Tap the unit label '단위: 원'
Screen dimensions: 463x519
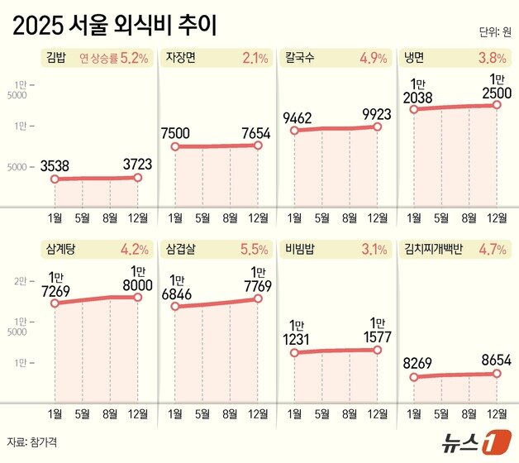coord(494,33)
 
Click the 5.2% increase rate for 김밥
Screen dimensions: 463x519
coord(134,59)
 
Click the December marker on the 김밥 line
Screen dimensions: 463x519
coord(138,177)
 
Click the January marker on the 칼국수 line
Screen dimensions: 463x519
coord(294,131)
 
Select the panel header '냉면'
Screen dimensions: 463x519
coord(415,59)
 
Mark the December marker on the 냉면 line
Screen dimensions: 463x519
coord(497,104)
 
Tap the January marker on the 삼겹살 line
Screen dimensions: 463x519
coord(175,307)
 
